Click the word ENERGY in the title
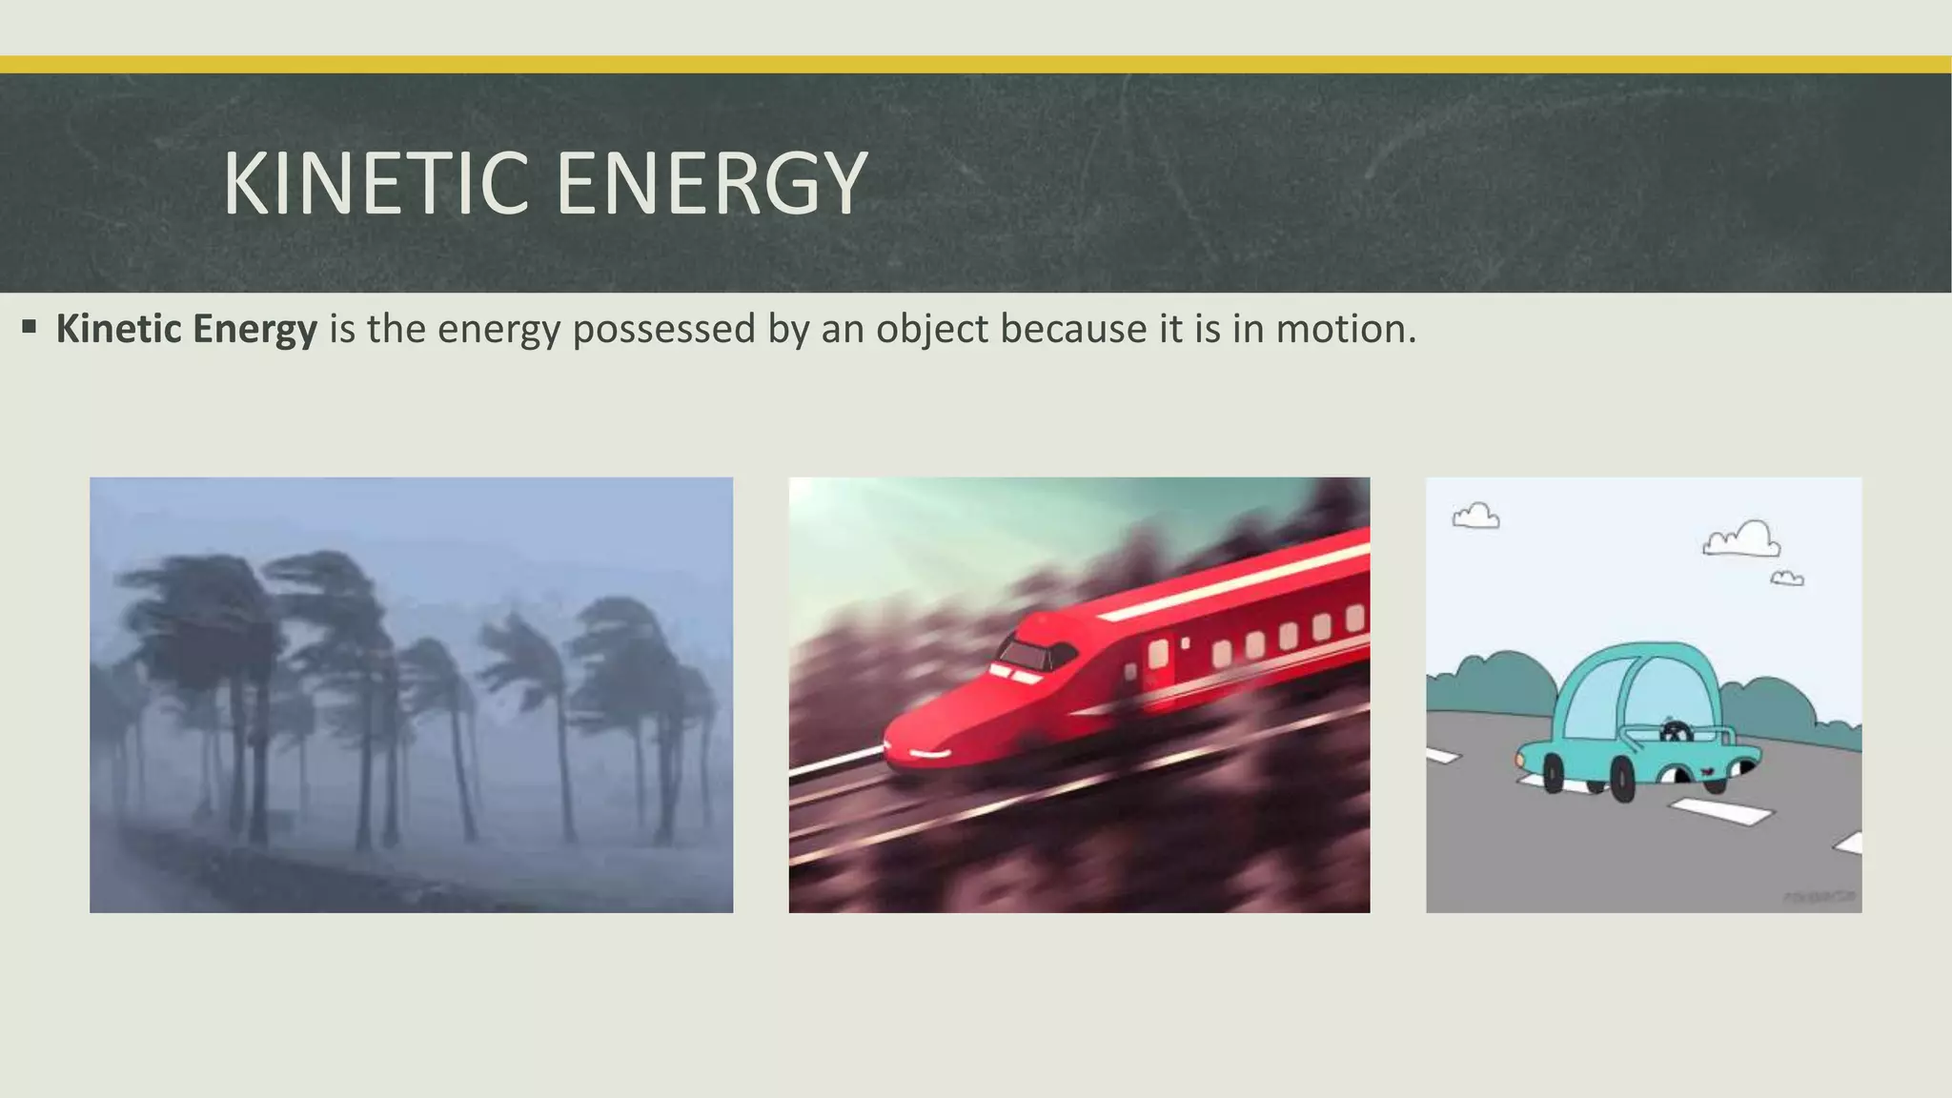coord(711,183)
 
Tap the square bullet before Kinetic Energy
coord(29,328)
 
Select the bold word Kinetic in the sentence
coord(119,329)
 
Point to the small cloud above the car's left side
coord(1475,517)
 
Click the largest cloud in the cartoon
coord(1742,539)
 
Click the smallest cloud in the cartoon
coord(1787,579)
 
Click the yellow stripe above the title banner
coord(976,65)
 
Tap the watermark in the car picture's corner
coord(1819,897)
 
